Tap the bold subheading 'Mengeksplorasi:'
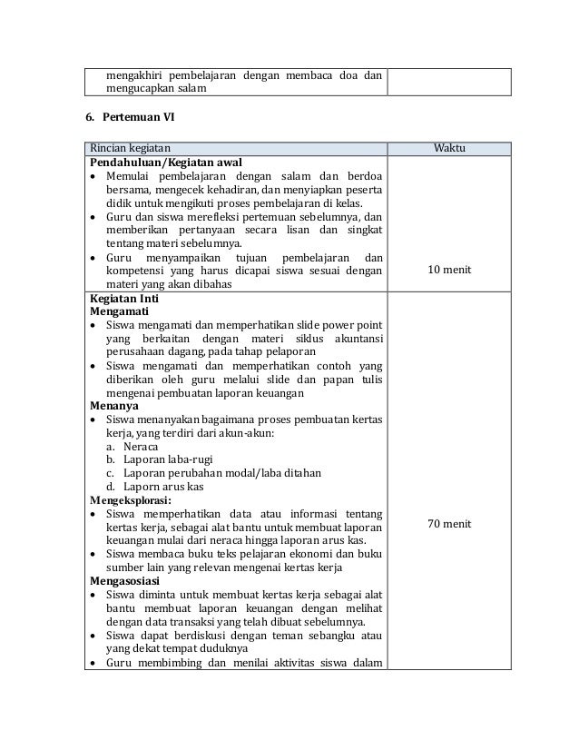[x=132, y=499]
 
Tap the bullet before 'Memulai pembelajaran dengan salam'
[x=93, y=176]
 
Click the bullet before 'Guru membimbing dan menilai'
[x=93, y=663]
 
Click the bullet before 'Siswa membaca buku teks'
[x=93, y=554]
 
